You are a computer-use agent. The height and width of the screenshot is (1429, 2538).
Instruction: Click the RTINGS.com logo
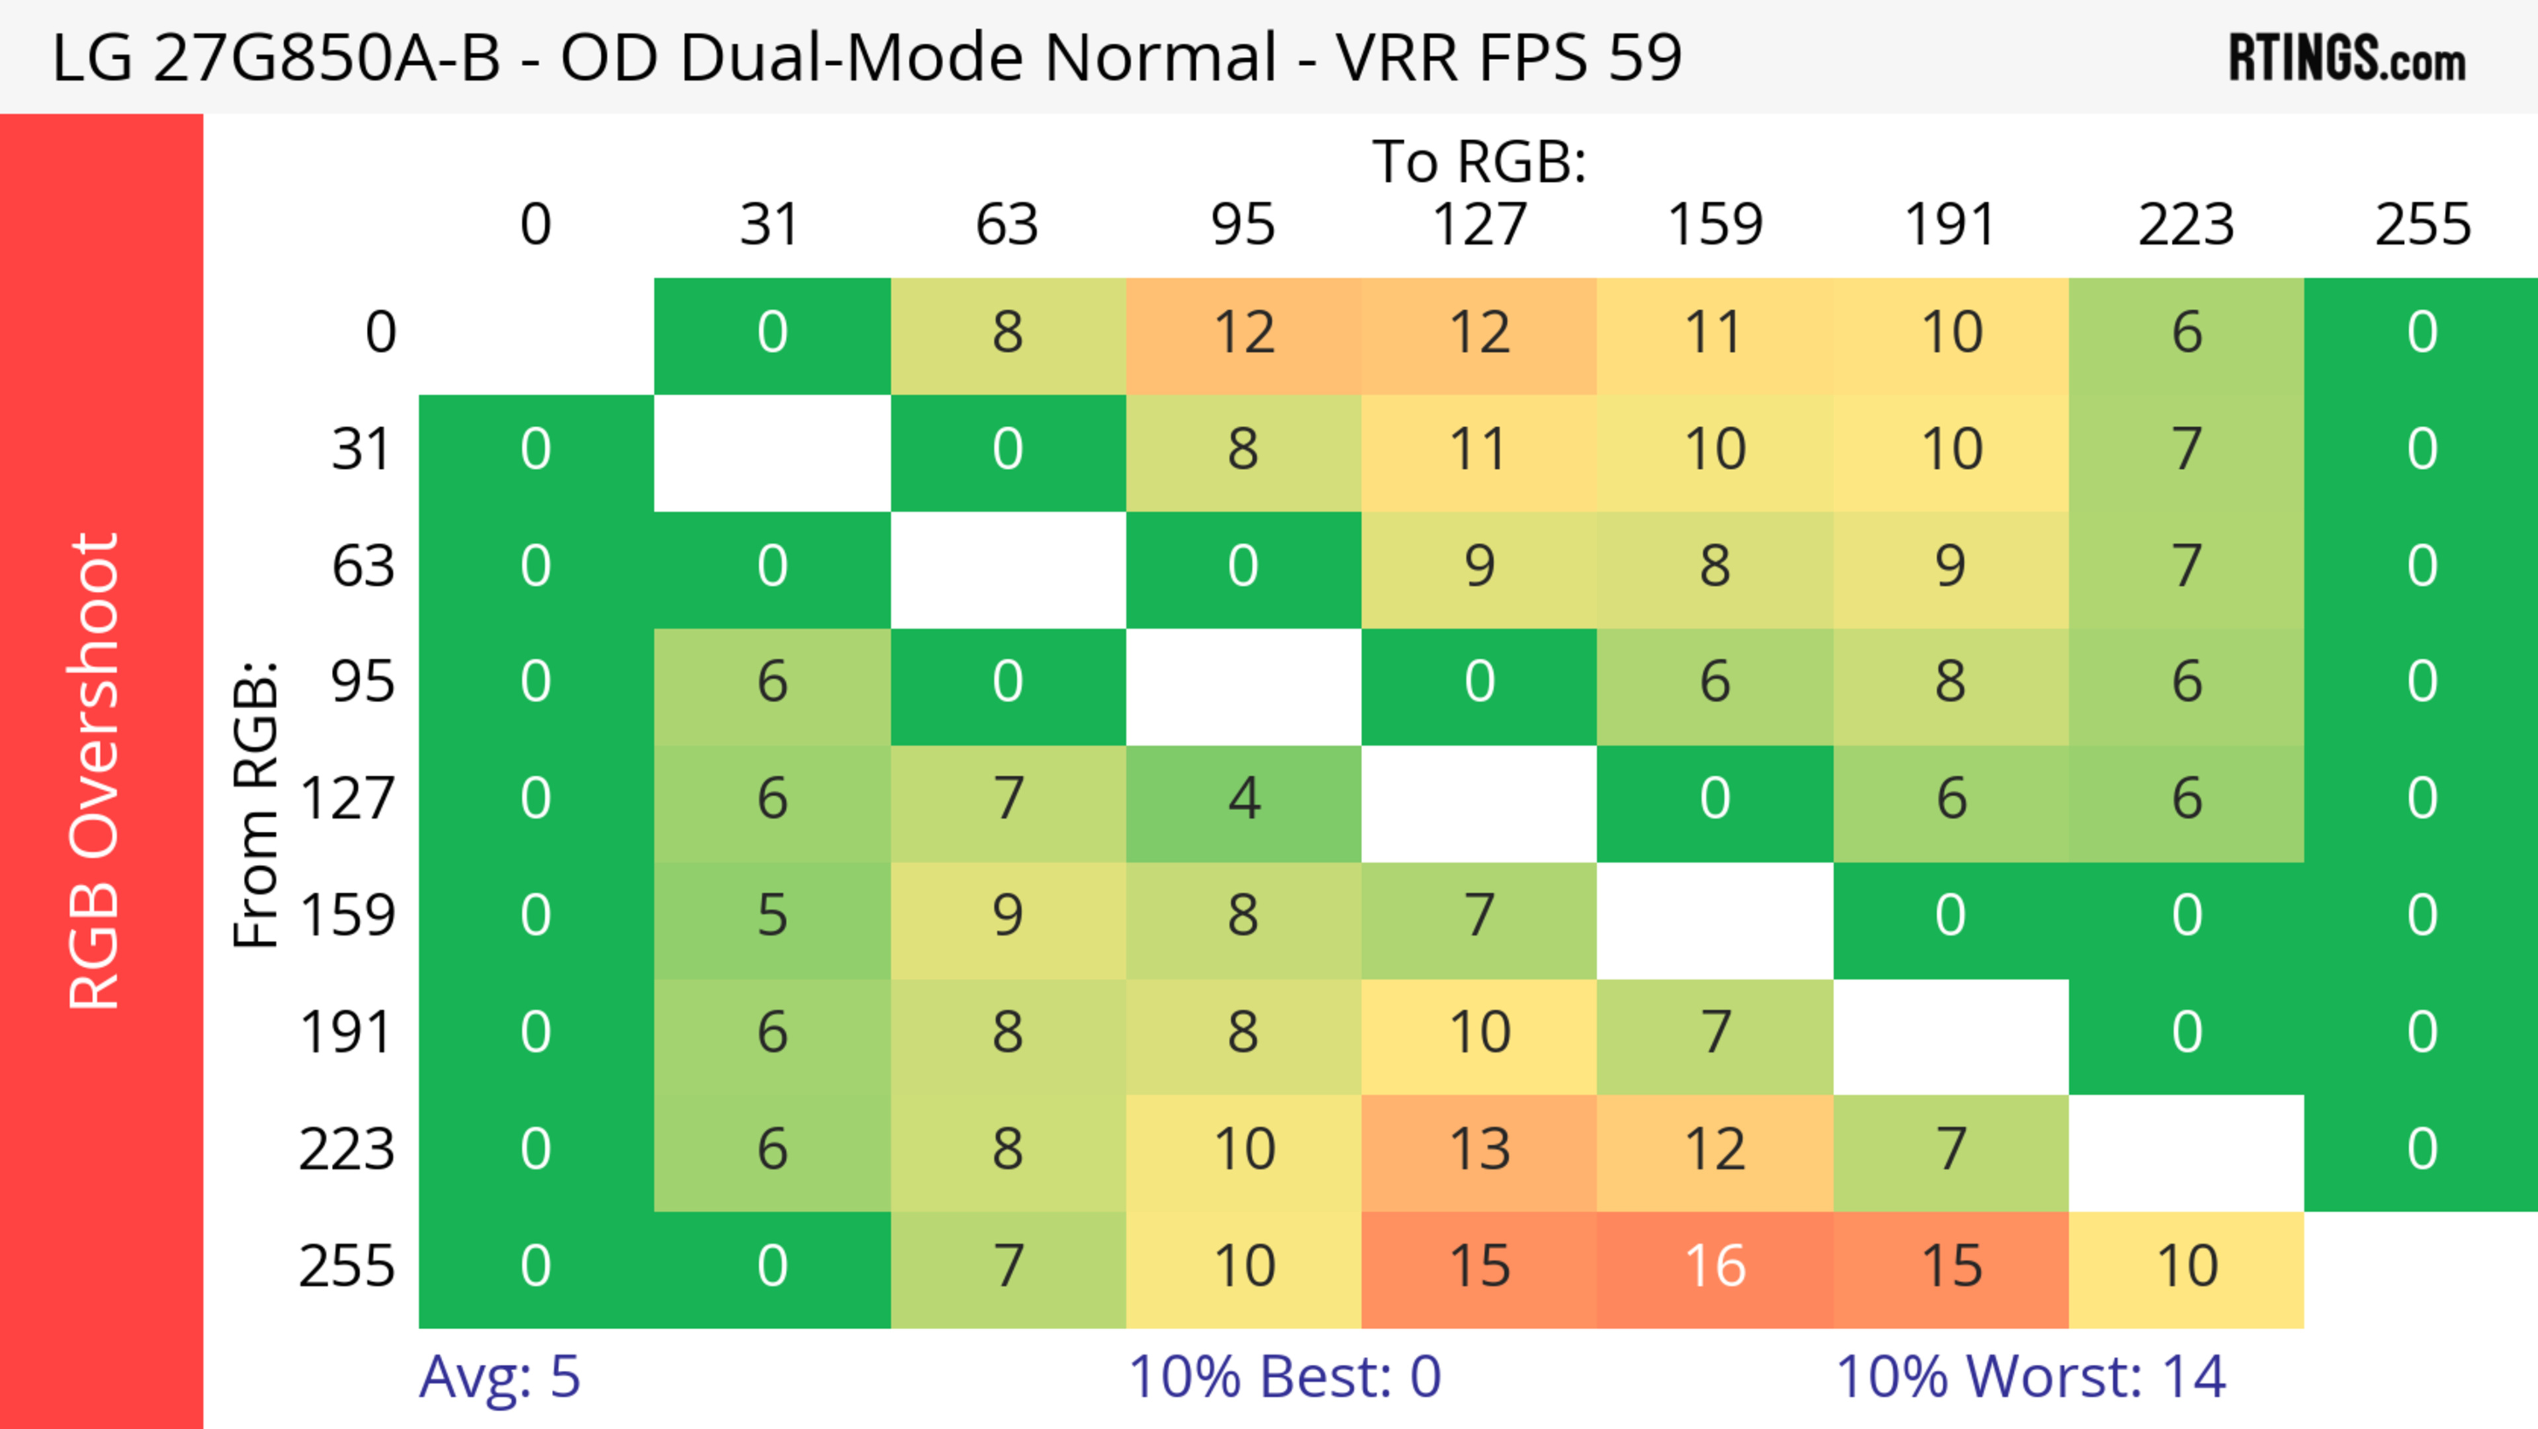(2347, 58)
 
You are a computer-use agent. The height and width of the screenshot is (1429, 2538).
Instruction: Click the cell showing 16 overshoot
(1714, 1266)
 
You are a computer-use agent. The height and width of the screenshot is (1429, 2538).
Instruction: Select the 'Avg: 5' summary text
(500, 1377)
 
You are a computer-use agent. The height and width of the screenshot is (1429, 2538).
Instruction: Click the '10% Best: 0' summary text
(1284, 1377)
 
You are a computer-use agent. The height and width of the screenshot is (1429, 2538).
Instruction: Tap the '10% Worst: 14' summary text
(2030, 1377)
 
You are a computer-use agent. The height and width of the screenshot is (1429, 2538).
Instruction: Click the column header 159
(1714, 225)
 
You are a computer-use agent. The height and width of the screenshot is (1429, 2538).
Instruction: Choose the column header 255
(2422, 225)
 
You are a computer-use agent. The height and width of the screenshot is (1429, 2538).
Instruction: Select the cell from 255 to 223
(2186, 1266)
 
